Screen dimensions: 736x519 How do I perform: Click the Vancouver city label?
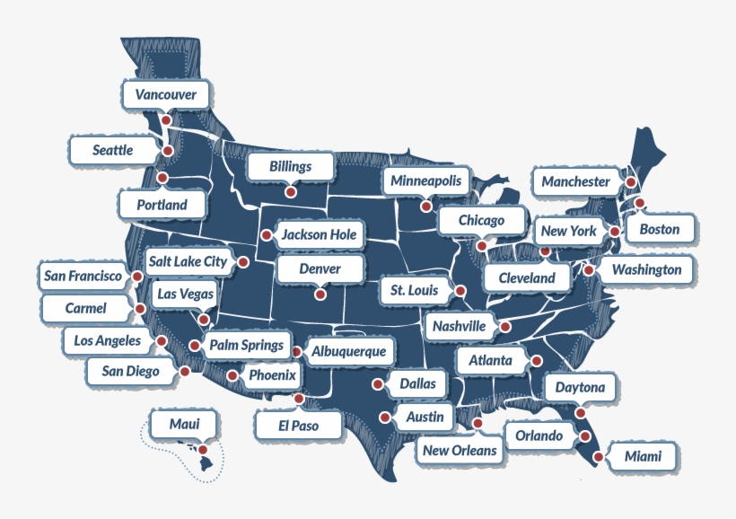pos(166,94)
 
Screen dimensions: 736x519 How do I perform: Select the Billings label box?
pos(290,166)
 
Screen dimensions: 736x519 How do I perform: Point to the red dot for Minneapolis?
pos(425,205)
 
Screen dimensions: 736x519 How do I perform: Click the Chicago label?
pos(481,220)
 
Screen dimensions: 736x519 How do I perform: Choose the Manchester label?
pos(575,181)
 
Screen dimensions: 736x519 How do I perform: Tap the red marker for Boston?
pos(639,203)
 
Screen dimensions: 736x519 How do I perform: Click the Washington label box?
pos(646,269)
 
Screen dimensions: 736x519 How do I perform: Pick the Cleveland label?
pos(527,278)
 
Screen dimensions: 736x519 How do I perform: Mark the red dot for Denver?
pos(320,294)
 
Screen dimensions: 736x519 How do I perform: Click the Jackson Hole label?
pos(319,235)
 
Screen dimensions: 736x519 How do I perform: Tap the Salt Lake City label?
pos(188,261)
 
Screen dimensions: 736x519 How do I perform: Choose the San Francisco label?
pos(83,277)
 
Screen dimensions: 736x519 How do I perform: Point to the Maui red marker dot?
pos(203,450)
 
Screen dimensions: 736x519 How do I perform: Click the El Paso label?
pos(299,424)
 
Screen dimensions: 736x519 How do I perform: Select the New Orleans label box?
pos(460,450)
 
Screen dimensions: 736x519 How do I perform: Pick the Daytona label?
pos(580,389)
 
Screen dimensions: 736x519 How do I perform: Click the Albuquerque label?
pos(349,351)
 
